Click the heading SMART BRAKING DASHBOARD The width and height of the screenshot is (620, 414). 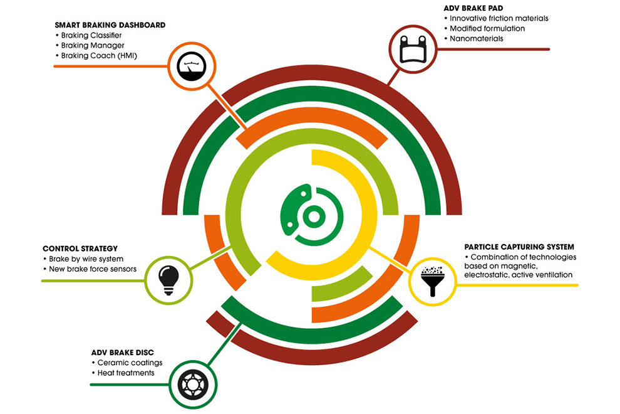click(110, 25)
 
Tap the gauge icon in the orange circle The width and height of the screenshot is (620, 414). click(192, 66)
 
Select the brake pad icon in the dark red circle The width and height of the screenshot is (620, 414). click(413, 50)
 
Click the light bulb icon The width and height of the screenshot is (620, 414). click(169, 280)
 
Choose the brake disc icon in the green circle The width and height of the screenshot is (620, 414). click(193, 385)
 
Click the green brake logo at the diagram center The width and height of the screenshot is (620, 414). click(312, 215)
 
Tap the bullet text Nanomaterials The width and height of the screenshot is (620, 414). click(476, 38)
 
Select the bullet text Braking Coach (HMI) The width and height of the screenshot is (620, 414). click(99, 55)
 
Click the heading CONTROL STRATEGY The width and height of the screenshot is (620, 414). click(80, 248)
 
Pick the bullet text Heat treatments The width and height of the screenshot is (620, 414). click(126, 373)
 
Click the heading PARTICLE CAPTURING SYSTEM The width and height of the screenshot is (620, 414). click(519, 247)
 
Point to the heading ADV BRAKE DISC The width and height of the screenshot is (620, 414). click(123, 352)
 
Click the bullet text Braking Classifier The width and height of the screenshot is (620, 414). click(91, 35)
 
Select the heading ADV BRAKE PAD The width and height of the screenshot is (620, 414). click(473, 8)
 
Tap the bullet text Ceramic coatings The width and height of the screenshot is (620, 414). click(130, 363)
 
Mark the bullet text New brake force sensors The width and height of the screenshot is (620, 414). click(93, 269)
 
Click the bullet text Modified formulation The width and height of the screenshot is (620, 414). click(487, 28)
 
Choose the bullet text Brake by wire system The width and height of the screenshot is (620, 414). click(86, 258)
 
